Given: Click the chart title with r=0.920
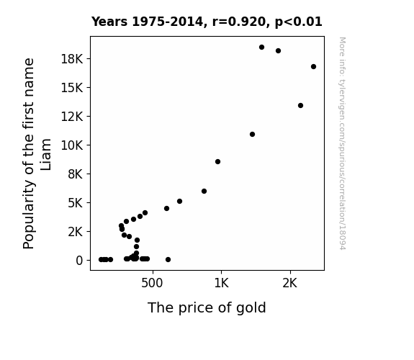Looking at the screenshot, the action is click(207, 22).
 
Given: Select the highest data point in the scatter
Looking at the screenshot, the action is click(261, 48).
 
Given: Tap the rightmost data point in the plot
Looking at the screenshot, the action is click(313, 66).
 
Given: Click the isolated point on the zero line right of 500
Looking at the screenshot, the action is click(168, 260).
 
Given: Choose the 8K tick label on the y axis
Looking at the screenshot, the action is click(76, 174).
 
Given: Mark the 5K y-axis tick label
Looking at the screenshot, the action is click(76, 203).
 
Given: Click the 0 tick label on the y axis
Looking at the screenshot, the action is click(79, 261).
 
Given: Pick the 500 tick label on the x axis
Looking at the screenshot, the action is click(152, 283).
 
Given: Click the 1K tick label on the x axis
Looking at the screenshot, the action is click(221, 283).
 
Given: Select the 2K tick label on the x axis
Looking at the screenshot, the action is click(290, 283).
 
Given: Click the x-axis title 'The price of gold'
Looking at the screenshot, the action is click(207, 307).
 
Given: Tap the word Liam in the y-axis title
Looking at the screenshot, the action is click(45, 154).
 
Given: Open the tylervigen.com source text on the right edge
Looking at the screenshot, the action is click(342, 143).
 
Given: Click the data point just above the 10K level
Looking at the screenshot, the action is click(252, 134).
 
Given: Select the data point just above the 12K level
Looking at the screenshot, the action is click(300, 105).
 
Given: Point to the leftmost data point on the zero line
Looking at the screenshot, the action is click(101, 260).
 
